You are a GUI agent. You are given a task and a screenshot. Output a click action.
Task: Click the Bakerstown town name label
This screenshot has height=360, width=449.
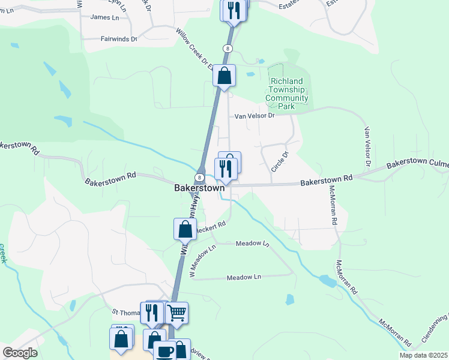[x=199, y=188]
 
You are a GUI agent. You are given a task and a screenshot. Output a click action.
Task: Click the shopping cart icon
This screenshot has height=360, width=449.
[x=176, y=312]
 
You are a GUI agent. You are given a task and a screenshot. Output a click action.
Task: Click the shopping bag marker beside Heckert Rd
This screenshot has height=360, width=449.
[x=185, y=229]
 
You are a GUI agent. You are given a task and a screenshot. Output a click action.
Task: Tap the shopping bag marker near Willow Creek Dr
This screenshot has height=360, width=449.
[x=224, y=76]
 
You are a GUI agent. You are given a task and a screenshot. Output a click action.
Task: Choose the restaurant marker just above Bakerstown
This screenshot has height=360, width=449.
[x=226, y=168]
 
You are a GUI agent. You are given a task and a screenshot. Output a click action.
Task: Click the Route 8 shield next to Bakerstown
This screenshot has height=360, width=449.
[x=199, y=177]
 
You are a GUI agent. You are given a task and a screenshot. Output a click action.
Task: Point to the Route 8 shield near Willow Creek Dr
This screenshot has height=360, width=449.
[x=228, y=48]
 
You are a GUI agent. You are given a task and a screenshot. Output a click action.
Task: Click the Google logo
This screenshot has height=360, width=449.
[x=20, y=353]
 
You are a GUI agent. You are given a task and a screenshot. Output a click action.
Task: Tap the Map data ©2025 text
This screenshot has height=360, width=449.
[x=423, y=355]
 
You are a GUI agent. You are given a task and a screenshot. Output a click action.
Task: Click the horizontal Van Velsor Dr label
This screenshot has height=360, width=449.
[x=253, y=116]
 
